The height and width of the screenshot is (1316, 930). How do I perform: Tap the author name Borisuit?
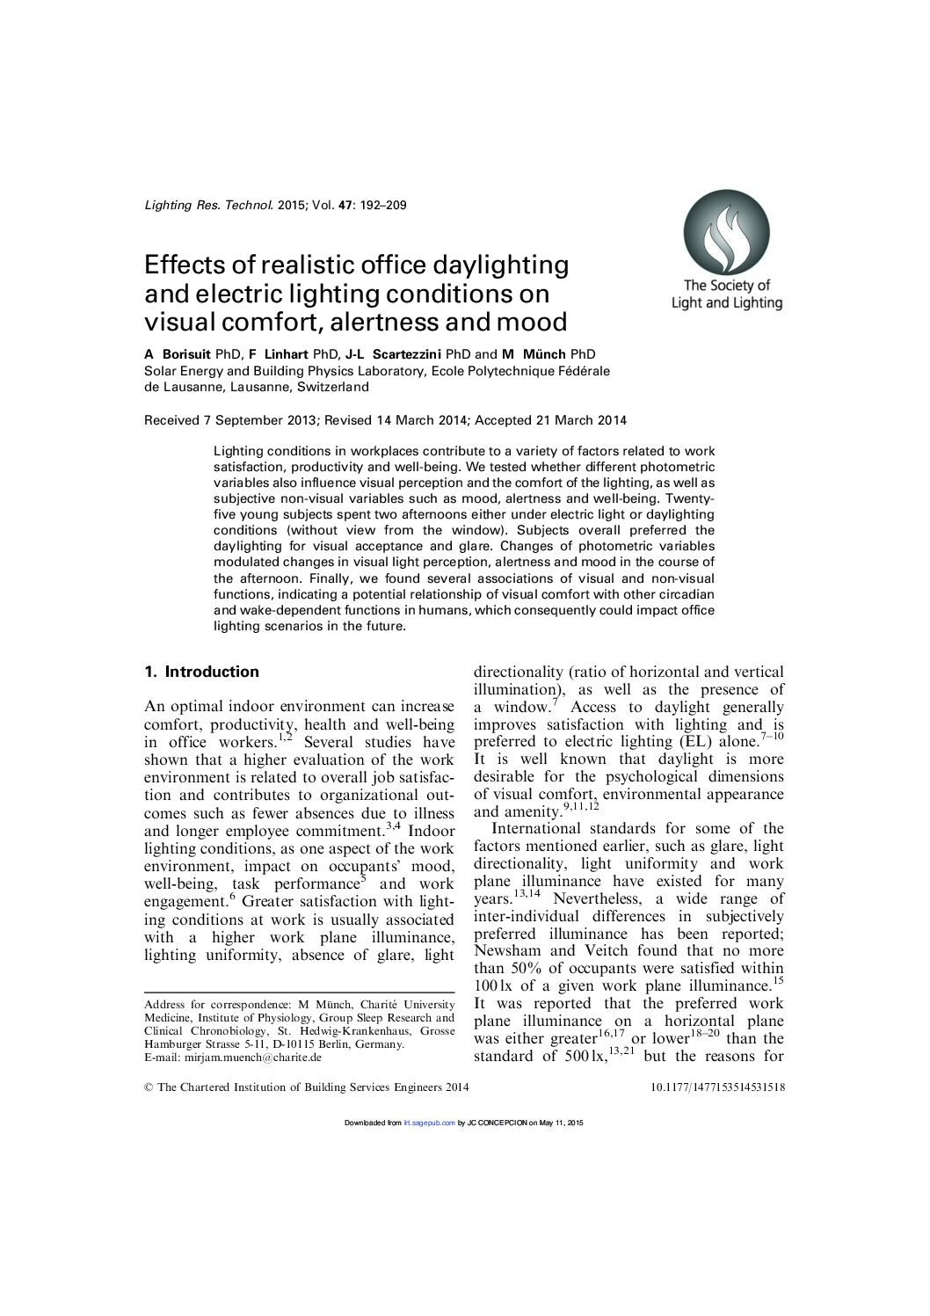[x=187, y=354]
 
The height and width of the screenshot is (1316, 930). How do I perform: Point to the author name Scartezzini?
[x=405, y=354]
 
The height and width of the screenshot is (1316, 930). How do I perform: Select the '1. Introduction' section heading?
[x=201, y=673]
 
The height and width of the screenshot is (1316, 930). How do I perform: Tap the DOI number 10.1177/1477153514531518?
[x=717, y=1087]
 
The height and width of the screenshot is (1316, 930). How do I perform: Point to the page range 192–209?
[x=383, y=206]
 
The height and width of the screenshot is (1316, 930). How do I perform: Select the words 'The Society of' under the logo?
[x=726, y=285]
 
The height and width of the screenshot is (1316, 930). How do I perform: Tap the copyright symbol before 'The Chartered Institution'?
[x=149, y=1087]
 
